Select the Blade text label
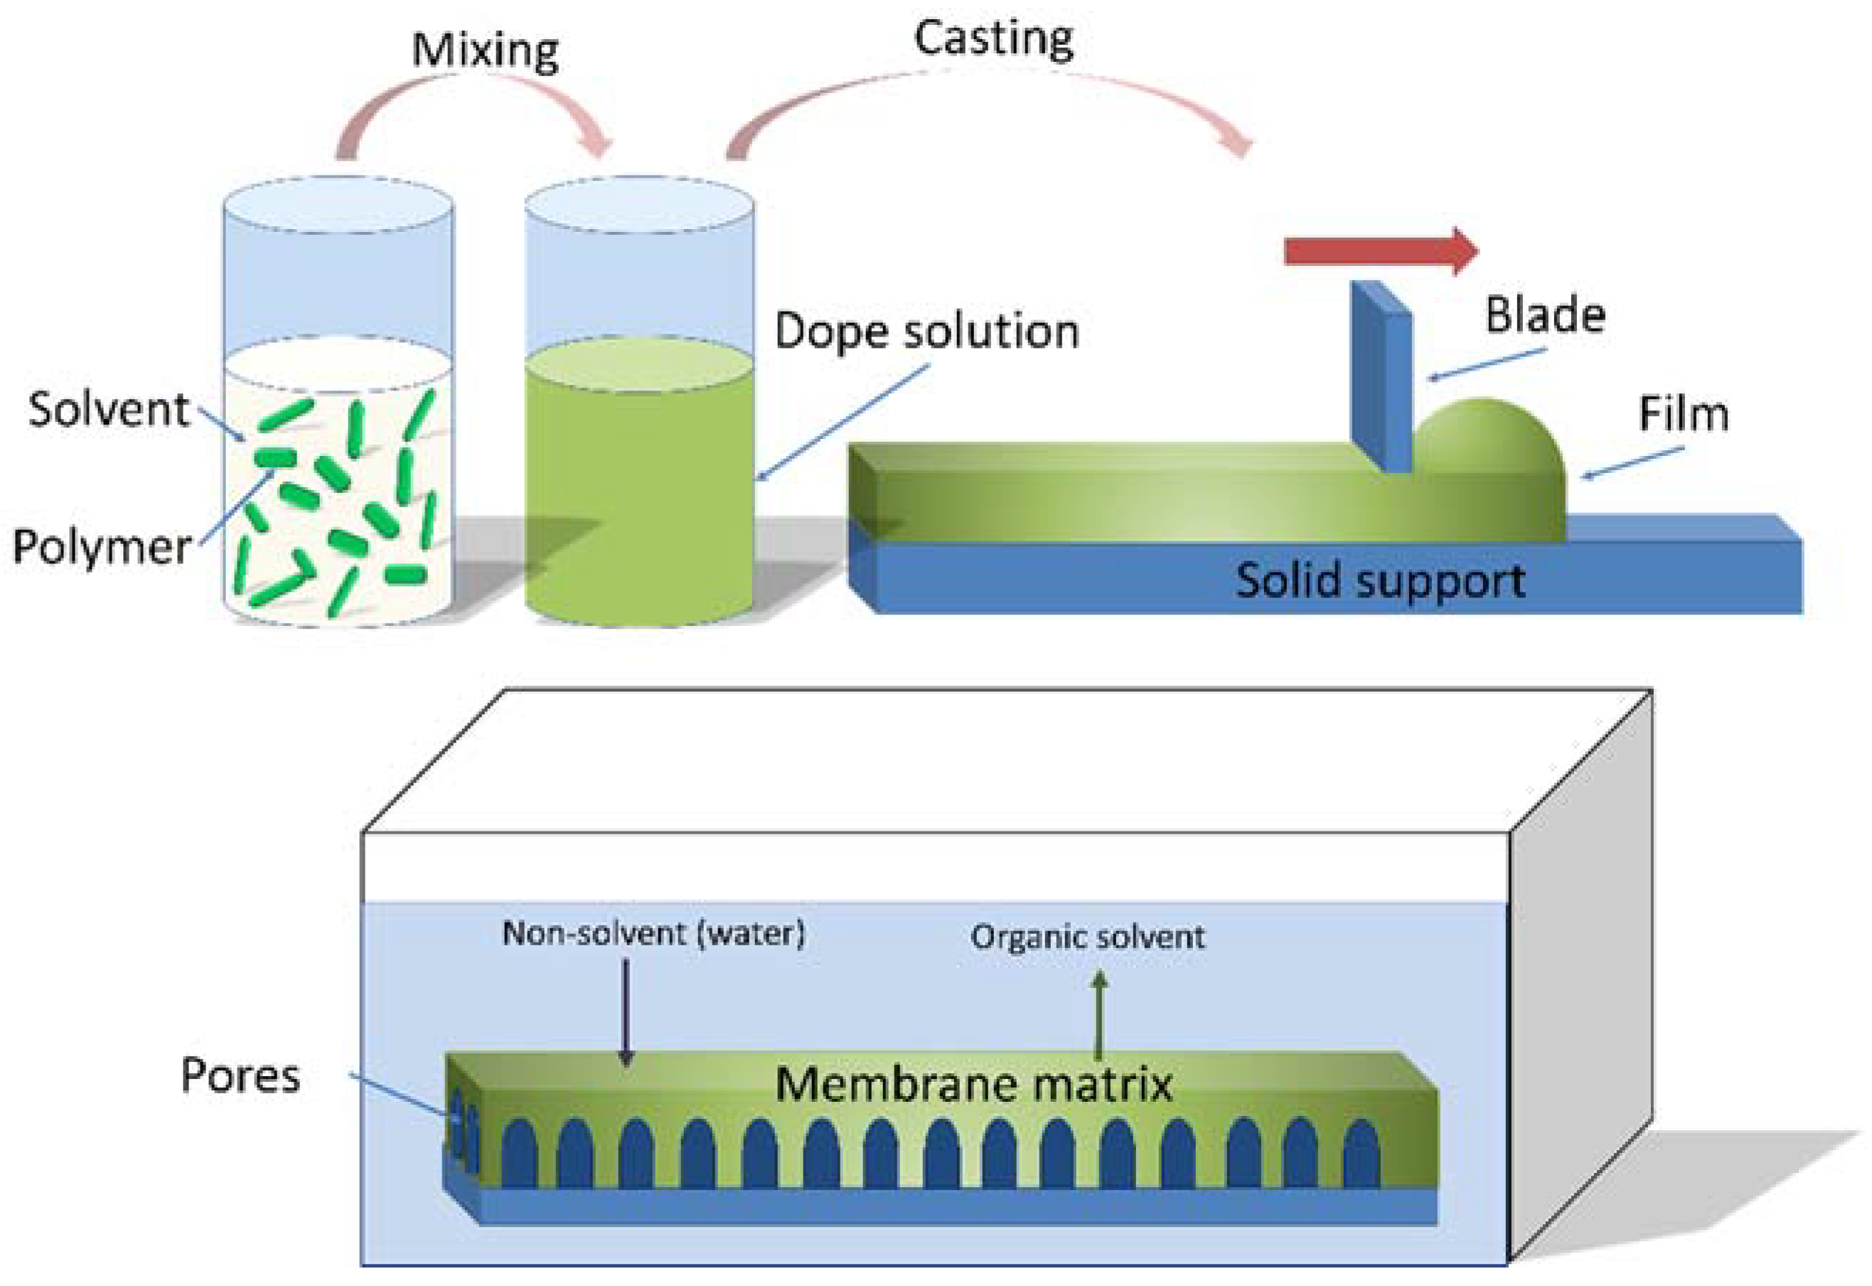pos(1544,315)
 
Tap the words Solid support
pos(1379,580)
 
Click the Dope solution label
pos(926,331)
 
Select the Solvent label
pos(109,408)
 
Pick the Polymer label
pos(102,547)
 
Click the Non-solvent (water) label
pos(653,933)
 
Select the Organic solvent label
pos(1087,936)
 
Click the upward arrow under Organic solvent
pos(1098,1015)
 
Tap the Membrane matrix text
pos(973,1084)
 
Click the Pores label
pos(240,1075)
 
